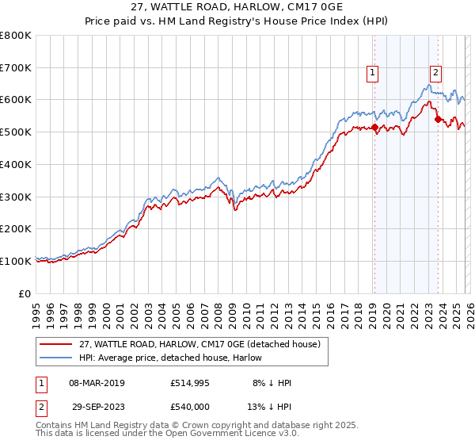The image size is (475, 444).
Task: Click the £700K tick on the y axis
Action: coord(17,67)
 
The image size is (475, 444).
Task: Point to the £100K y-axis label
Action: coord(17,261)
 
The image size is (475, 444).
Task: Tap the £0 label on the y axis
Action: coord(25,293)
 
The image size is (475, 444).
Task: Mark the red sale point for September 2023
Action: coord(438,120)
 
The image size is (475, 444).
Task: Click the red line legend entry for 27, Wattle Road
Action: coord(199,344)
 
